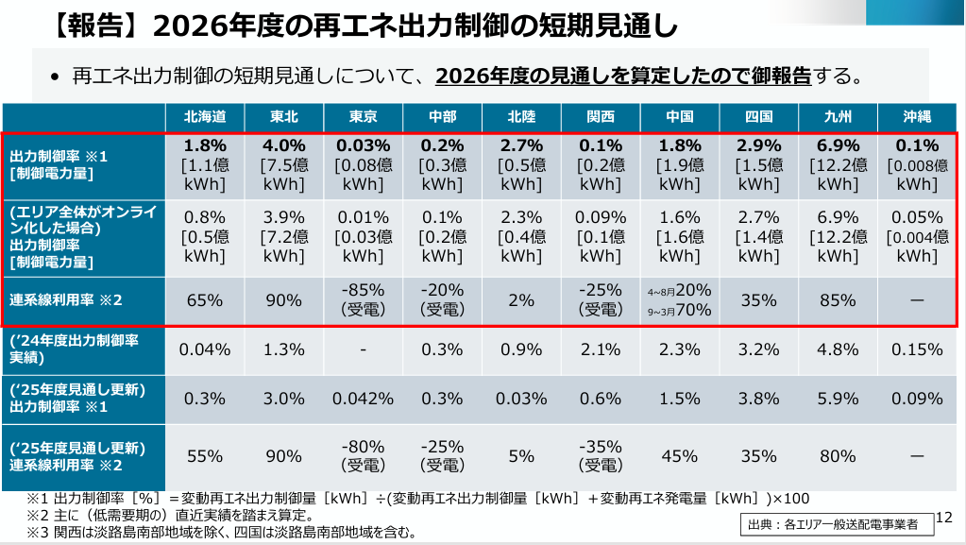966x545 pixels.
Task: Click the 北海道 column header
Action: [x=205, y=117]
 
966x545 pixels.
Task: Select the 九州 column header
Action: [x=838, y=117]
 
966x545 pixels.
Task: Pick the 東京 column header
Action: [x=364, y=117]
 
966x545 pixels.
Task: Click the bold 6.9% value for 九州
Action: [x=838, y=146]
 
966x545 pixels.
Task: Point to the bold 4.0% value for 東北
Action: [x=284, y=146]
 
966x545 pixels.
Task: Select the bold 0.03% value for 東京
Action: [x=364, y=146]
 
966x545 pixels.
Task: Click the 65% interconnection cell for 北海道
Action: [x=205, y=300]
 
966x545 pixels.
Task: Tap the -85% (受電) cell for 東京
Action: [x=364, y=300]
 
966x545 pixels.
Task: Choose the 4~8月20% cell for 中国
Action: [x=680, y=291]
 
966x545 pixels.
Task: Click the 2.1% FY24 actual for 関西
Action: [x=601, y=349]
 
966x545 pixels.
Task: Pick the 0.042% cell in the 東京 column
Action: [x=364, y=399]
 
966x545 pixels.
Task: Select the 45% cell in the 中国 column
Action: [x=680, y=456]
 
